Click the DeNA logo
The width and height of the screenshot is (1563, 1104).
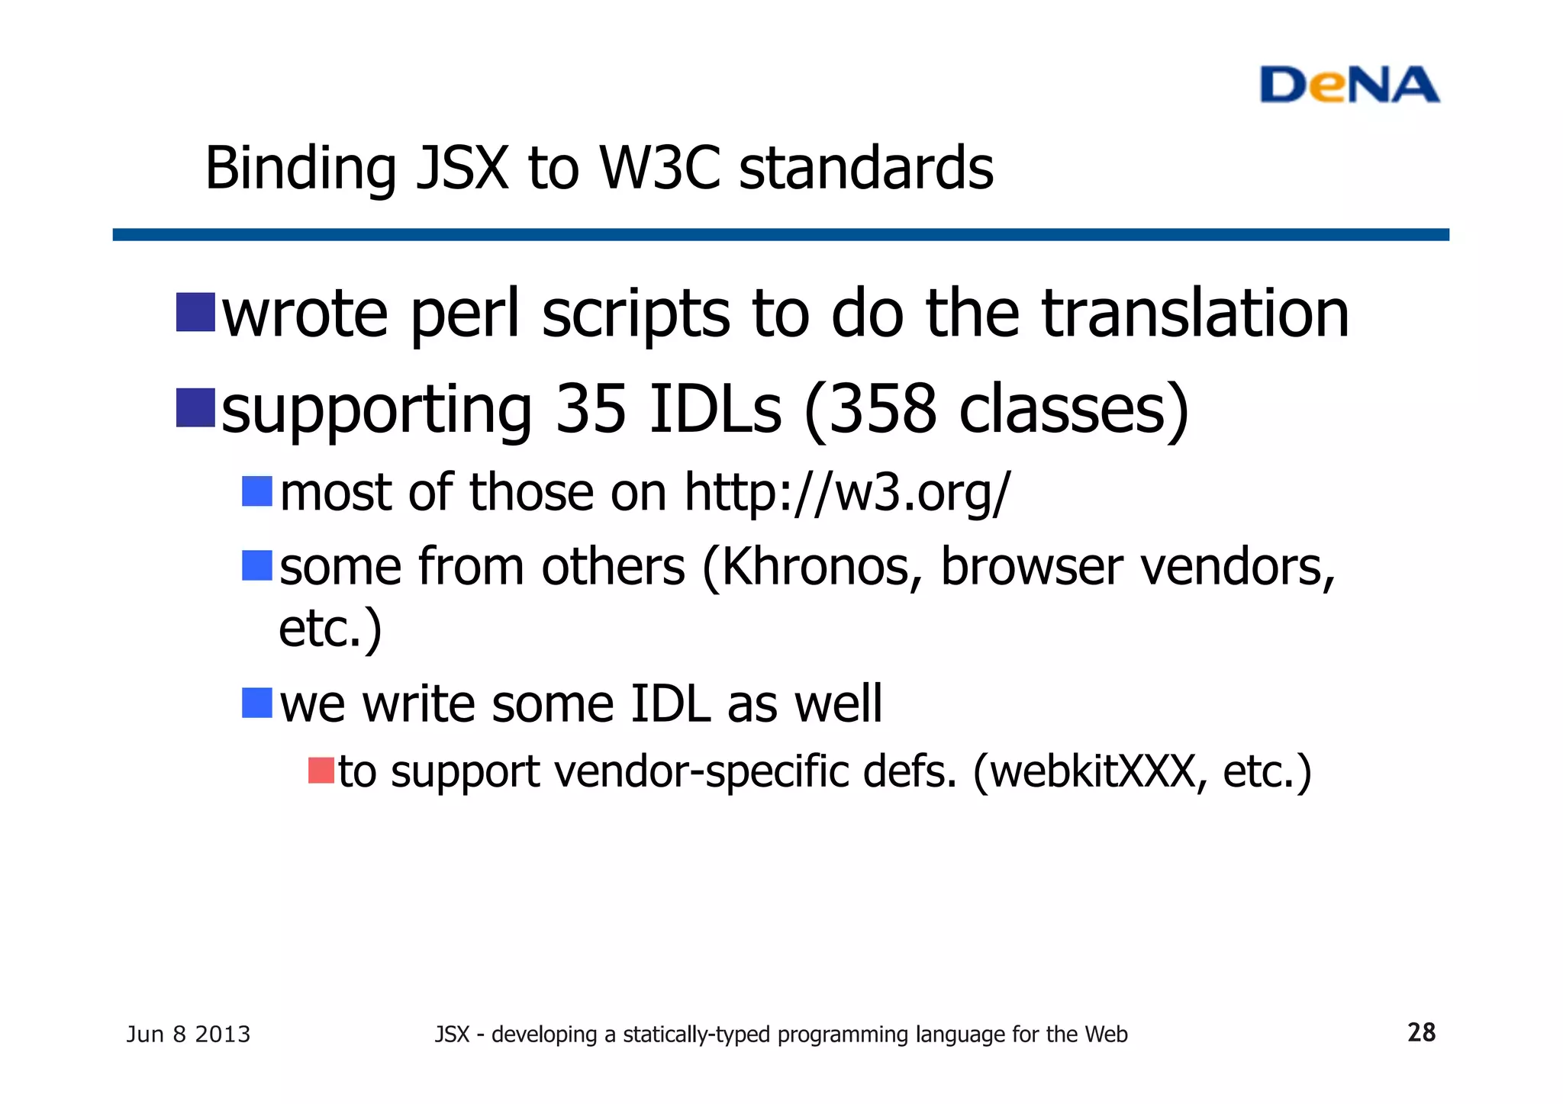[x=1349, y=85]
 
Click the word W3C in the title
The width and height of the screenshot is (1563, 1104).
[x=659, y=168]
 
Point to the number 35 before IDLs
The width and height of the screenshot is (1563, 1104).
[x=591, y=410]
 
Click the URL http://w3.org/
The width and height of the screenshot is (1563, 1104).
[x=847, y=492]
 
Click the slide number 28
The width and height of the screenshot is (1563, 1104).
[x=1421, y=1032]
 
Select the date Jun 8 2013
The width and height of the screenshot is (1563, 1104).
[x=188, y=1035]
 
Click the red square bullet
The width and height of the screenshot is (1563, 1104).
[x=321, y=771]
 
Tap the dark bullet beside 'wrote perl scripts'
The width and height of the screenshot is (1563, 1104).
[x=195, y=312]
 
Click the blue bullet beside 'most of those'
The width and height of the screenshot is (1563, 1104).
[x=257, y=491]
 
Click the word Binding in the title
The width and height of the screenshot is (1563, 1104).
[x=301, y=169]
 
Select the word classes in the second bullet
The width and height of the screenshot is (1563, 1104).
[x=1062, y=410]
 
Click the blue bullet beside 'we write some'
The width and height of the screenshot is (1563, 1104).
[x=257, y=703]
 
